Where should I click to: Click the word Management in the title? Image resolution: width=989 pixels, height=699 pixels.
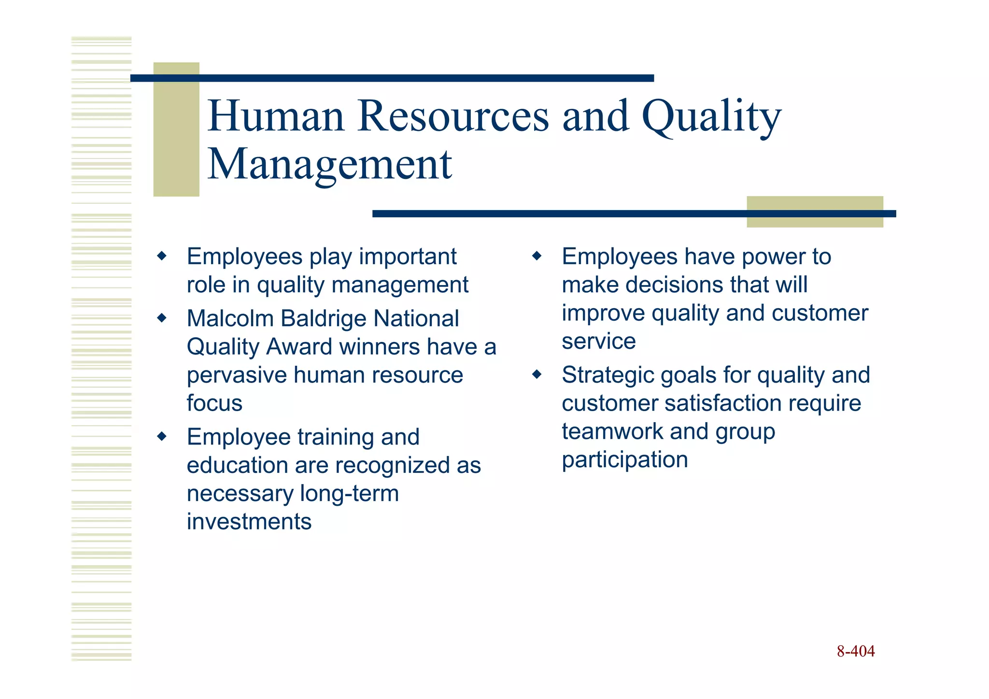(x=329, y=165)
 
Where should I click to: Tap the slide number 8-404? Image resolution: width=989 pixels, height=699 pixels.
(x=855, y=651)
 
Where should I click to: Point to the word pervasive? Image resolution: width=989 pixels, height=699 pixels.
(x=236, y=375)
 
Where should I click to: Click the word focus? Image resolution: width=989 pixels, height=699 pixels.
(x=214, y=403)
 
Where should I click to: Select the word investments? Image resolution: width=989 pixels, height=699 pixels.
(x=249, y=522)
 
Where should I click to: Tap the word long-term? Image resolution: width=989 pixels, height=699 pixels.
(x=349, y=494)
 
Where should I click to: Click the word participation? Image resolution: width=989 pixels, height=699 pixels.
(x=624, y=460)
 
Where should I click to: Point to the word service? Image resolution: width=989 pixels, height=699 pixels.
(x=598, y=342)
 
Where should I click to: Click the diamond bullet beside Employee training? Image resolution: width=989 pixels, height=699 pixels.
(x=162, y=437)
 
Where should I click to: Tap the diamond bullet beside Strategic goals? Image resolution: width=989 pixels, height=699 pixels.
(x=537, y=374)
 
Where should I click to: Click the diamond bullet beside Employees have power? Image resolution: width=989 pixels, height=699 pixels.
(x=537, y=256)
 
